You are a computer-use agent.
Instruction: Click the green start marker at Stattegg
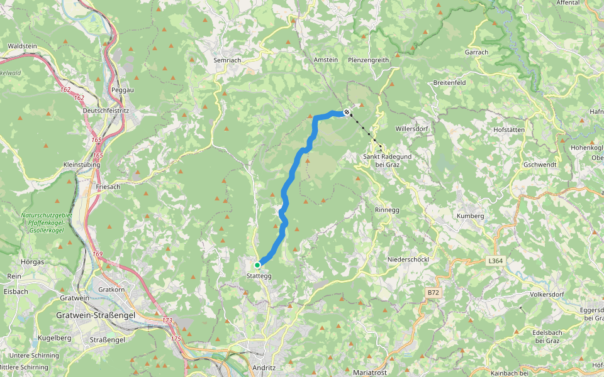point(257,265)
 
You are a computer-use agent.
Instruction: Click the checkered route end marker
point(347,112)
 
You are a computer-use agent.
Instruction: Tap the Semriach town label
point(227,60)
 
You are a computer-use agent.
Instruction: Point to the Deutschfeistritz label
point(106,111)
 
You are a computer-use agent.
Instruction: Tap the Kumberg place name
point(471,216)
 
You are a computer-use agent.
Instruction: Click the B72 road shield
point(433,293)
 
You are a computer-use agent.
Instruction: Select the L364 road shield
point(496,260)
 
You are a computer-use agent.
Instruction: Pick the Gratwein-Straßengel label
point(96,315)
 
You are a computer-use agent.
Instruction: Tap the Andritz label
point(264,368)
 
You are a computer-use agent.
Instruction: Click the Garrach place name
point(476,52)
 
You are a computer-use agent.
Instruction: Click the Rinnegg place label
point(386,210)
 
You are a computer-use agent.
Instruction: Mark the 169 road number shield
point(98,254)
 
